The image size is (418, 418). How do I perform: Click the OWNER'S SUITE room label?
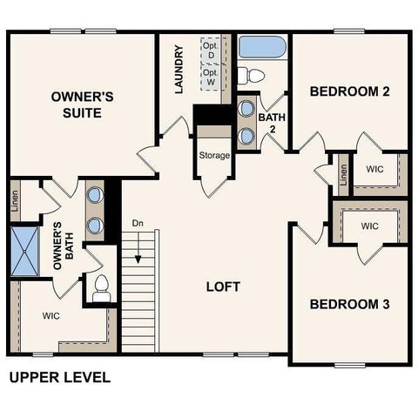tap(77, 104)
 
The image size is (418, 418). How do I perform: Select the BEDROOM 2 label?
tap(349, 91)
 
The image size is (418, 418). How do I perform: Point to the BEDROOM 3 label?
tap(349, 305)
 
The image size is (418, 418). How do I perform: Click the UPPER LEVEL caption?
tap(59, 378)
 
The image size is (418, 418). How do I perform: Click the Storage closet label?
tap(214, 156)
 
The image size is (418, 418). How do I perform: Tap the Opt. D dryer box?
tap(210, 50)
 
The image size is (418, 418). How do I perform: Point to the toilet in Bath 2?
tap(250, 72)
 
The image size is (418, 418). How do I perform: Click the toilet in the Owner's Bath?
tap(101, 287)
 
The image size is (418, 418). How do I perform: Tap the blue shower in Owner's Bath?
tap(26, 250)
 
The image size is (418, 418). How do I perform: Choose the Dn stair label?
tap(138, 224)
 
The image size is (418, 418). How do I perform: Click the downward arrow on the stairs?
tap(138, 253)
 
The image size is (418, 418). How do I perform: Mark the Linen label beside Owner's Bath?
tap(16, 201)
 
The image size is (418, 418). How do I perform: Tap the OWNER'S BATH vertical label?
tap(58, 253)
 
